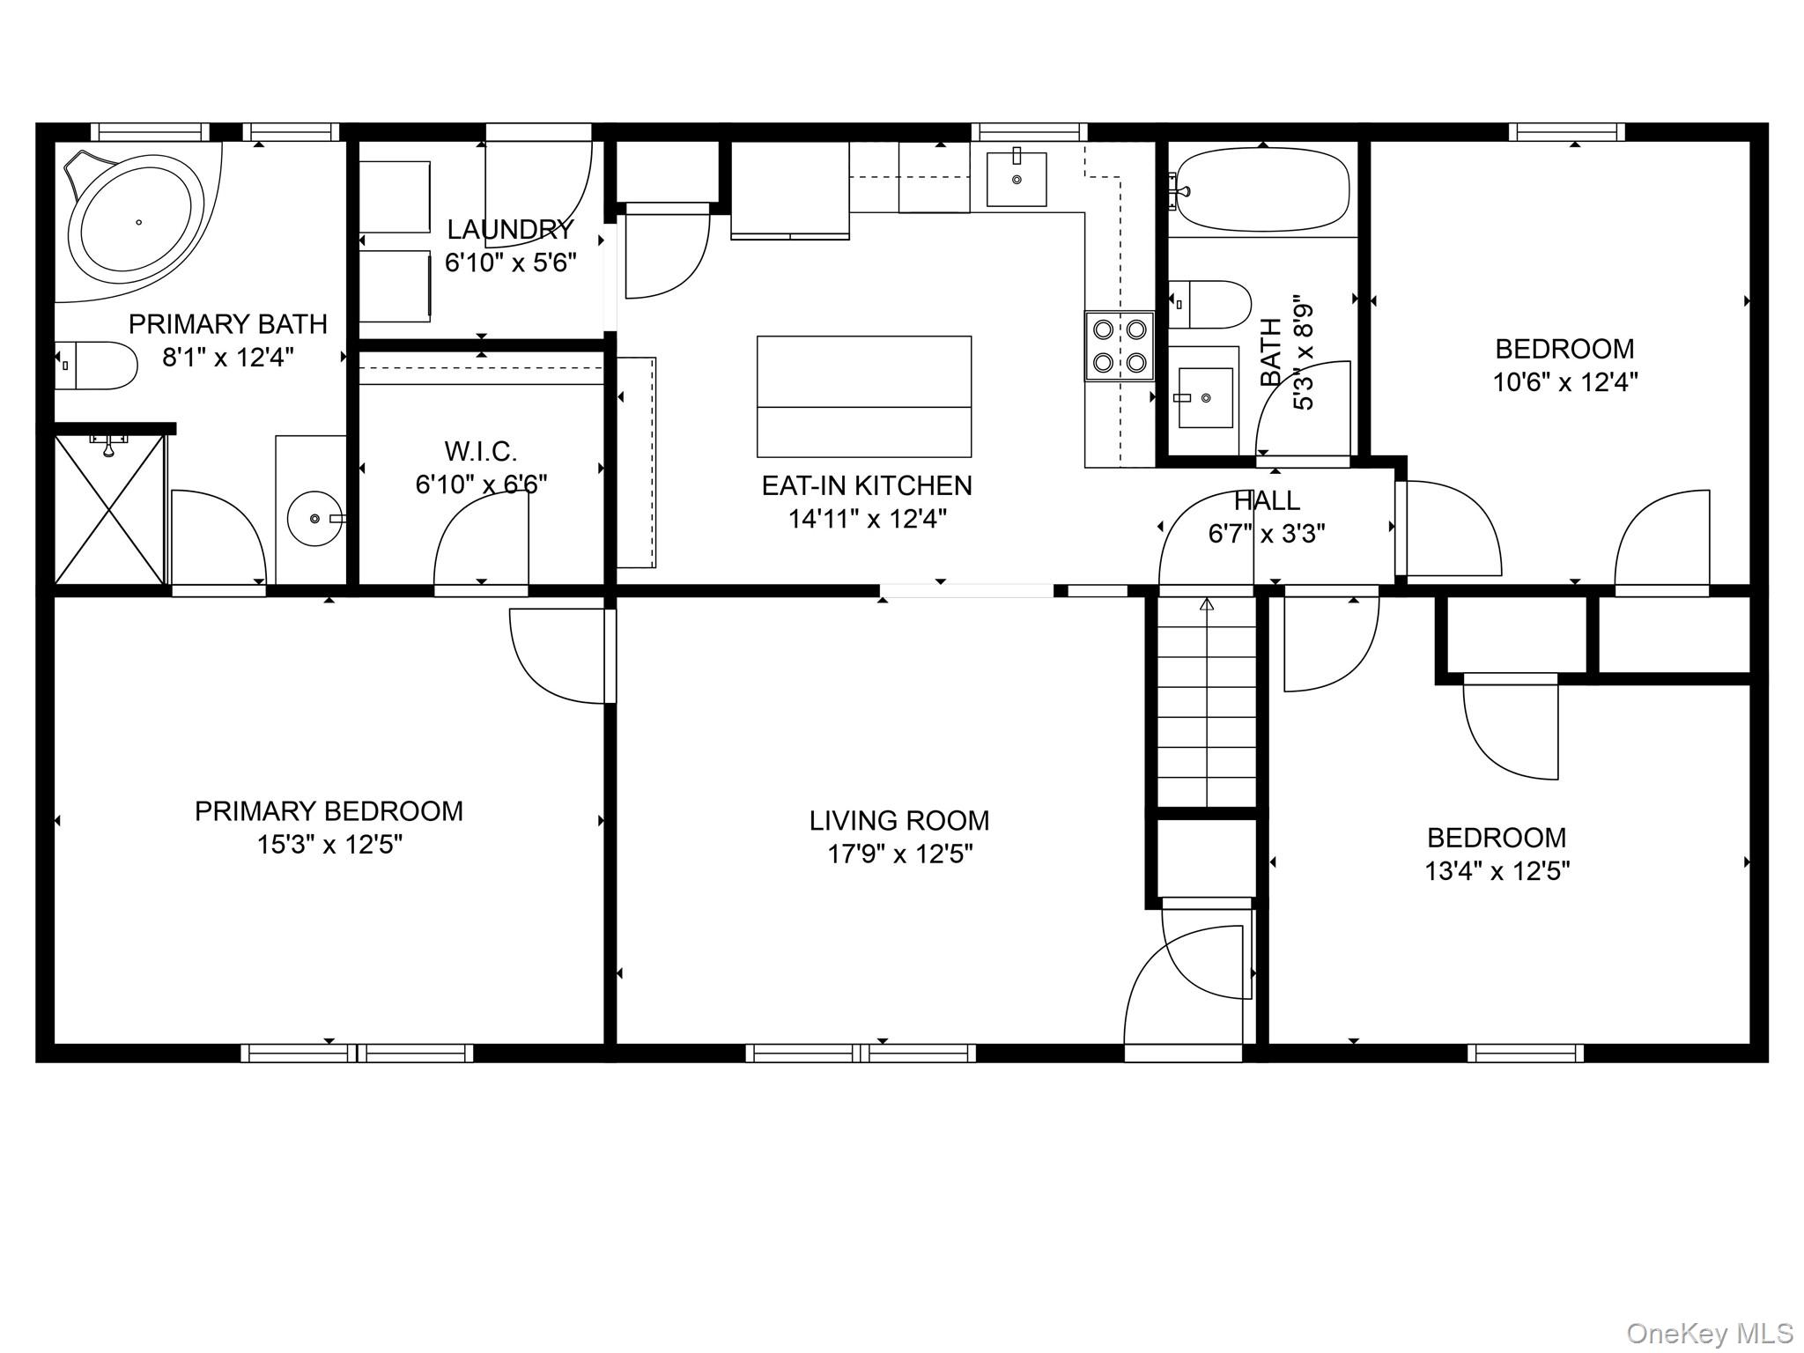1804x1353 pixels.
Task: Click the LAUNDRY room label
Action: point(510,230)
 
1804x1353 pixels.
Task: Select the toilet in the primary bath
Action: point(96,366)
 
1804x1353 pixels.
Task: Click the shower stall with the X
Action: point(109,509)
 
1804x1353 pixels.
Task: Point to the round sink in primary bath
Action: point(315,519)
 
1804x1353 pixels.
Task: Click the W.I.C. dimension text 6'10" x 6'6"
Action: point(481,484)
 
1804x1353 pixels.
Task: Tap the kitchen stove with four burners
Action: point(1119,346)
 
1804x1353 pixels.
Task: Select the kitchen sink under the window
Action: point(1017,179)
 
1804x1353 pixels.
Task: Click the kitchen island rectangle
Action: point(864,396)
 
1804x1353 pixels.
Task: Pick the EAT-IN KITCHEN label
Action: point(867,485)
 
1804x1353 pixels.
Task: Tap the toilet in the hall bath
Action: point(1209,304)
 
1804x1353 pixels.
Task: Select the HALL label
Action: point(1267,501)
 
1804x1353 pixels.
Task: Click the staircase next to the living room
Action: point(1206,701)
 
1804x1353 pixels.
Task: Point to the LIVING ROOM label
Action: point(899,821)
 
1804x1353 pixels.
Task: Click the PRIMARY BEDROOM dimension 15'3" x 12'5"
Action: point(329,845)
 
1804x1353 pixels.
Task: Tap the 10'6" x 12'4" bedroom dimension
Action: point(1565,382)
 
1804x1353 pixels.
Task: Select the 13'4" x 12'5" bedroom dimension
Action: point(1497,871)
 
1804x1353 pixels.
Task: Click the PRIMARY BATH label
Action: point(228,324)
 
